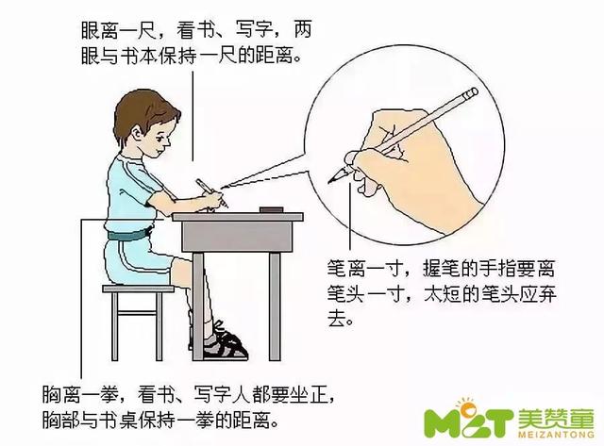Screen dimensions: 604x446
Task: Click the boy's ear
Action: (138, 134)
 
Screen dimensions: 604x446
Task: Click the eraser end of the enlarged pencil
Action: (471, 93)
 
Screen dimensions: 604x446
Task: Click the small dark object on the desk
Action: (272, 209)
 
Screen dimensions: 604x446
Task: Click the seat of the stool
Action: (138, 289)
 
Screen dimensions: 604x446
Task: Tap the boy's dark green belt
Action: (128, 234)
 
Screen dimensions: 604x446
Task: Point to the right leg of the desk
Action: (275, 306)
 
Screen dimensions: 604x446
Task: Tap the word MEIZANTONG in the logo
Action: (556, 435)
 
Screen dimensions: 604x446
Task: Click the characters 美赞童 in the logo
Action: (556, 418)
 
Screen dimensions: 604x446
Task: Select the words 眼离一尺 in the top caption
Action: (118, 30)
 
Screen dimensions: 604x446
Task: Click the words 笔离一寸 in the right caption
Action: (365, 268)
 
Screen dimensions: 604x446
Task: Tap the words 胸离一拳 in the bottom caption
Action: (80, 395)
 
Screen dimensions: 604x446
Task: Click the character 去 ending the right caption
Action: (337, 318)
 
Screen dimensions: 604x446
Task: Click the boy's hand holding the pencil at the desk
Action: (214, 201)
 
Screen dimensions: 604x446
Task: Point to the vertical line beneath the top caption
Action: (193, 116)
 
